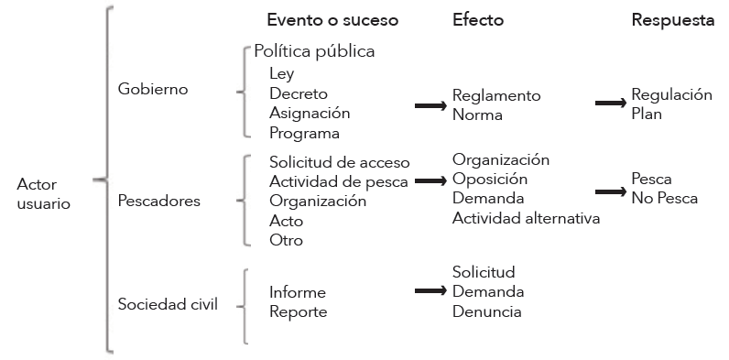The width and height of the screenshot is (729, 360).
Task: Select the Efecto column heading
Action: coord(478,20)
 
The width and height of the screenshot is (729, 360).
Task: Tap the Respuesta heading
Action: coord(673,20)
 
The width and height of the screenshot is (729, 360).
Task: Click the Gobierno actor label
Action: coord(153,89)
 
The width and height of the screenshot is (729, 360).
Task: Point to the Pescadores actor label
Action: coord(158,200)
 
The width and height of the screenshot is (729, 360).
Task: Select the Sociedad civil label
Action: coord(168,304)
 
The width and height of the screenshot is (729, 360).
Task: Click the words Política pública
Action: coord(314,52)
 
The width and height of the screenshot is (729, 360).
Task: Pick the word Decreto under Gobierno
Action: coord(299,93)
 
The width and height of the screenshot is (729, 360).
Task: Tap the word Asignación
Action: coord(310,114)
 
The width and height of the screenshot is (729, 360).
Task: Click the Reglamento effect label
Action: coord(496,96)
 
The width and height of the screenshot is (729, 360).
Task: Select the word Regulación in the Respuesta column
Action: coord(671,94)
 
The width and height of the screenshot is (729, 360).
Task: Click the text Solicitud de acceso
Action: coord(339,162)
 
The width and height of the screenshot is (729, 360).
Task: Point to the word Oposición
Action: coord(490,179)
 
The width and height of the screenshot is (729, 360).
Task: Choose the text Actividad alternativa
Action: coord(526,218)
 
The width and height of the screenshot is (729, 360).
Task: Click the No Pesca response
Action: coord(664,198)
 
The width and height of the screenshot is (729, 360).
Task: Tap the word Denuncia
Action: coord(486,311)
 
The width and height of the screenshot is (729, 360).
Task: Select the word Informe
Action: coord(297,292)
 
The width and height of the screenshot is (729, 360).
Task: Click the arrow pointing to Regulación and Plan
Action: coord(611,104)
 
